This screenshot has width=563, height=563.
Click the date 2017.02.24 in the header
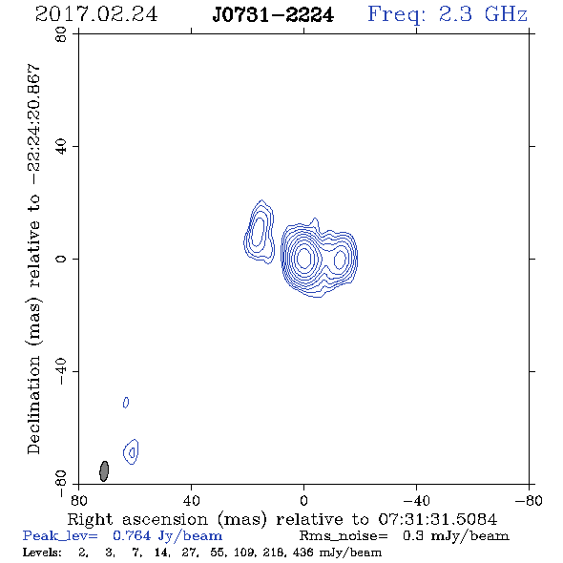96,14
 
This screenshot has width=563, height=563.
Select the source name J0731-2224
273,15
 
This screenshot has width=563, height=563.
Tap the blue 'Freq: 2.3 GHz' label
448,15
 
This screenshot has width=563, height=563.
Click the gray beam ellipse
104,471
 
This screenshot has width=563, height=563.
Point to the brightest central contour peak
304,258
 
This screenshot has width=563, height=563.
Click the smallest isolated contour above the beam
126,403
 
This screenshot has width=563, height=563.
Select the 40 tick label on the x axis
191,501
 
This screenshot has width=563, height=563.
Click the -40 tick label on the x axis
416,501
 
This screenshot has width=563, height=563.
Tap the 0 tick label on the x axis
303,501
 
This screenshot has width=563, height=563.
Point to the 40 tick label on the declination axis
61,147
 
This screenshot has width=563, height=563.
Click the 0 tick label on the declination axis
61,259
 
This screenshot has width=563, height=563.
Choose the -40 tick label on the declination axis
61,371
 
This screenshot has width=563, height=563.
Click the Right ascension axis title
282,519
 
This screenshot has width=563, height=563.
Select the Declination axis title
33,259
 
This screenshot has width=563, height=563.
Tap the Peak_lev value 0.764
132,535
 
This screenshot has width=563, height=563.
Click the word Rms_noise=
344,536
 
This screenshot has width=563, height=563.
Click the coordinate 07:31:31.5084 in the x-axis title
438,519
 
